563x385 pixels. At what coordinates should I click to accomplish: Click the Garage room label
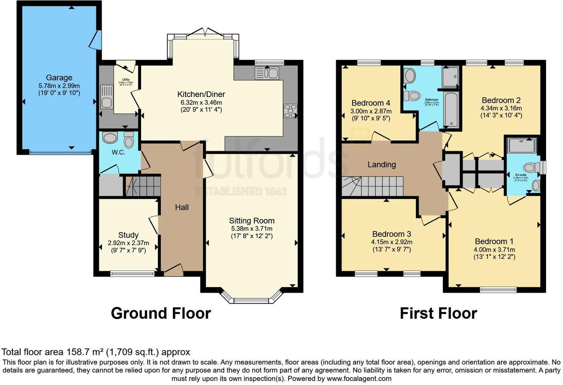tap(59, 78)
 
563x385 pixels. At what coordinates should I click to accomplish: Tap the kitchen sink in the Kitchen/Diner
tap(267, 73)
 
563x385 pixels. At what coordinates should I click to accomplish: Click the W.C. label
tap(119, 152)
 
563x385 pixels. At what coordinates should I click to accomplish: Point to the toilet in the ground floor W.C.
tap(129, 140)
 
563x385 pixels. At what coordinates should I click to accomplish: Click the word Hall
tap(182, 207)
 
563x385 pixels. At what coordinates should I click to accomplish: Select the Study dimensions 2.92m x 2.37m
tap(128, 243)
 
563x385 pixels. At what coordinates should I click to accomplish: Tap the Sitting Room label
tap(251, 221)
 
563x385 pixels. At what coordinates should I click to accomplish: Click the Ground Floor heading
tap(161, 313)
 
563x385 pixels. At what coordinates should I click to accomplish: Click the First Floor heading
tap(438, 313)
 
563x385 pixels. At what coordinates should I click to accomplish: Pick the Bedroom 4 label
tap(371, 103)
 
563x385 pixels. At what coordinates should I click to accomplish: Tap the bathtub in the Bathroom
tap(451, 110)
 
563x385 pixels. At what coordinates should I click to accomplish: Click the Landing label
tap(382, 164)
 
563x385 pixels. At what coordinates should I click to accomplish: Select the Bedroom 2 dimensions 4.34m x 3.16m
tap(501, 108)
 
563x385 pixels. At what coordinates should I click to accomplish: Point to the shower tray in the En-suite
tap(522, 145)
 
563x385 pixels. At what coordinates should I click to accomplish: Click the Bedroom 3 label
tap(392, 234)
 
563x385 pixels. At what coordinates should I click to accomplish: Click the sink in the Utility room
tap(106, 97)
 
